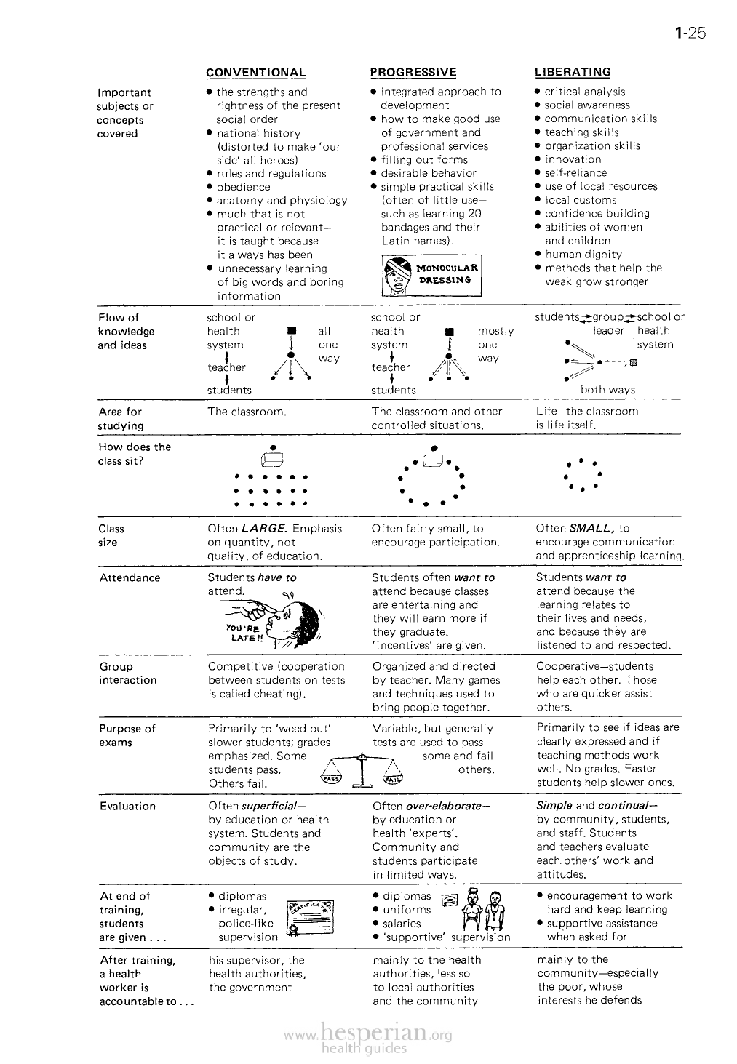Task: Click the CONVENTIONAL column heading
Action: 255,73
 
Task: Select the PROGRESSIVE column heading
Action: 413,72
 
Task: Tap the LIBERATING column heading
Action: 573,72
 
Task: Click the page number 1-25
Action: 690,33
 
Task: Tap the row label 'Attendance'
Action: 130,578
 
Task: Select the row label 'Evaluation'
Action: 127,806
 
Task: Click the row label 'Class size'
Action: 111,535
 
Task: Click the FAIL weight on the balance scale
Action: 394,780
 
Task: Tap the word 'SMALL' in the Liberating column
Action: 594,529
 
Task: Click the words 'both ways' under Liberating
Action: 607,390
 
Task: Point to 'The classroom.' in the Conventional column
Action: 247,412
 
